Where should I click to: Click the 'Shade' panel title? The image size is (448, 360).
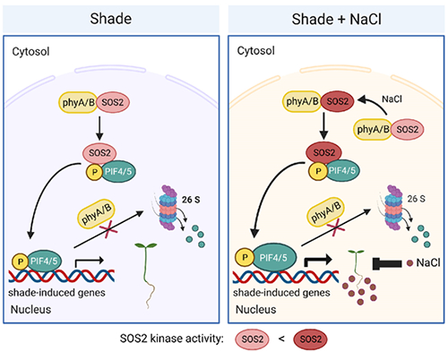coord(111,19)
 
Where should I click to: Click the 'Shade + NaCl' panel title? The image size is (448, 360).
coord(336,20)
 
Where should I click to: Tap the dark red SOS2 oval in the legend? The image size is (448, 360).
coord(310,339)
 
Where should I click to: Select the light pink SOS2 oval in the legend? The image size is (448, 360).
coord(253,339)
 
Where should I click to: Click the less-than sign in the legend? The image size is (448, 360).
coord(281,339)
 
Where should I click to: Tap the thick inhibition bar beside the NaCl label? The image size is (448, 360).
coord(387,263)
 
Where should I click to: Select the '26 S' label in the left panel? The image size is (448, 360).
coord(191,200)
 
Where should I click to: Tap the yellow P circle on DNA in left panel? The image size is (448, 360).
coord(21,261)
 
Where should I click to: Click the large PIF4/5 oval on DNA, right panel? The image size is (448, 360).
coord(273,258)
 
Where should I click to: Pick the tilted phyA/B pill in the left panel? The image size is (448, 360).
coord(96,214)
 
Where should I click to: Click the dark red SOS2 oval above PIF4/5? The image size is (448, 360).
coord(323,152)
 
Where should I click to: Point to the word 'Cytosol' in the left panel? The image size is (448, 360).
coord(30,52)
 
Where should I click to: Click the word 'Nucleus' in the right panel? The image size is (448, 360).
coord(256,310)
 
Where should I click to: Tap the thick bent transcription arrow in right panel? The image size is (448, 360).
coord(318,260)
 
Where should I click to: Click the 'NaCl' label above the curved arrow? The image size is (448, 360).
coord(392,99)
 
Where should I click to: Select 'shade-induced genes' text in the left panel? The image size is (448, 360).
coord(56,293)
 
